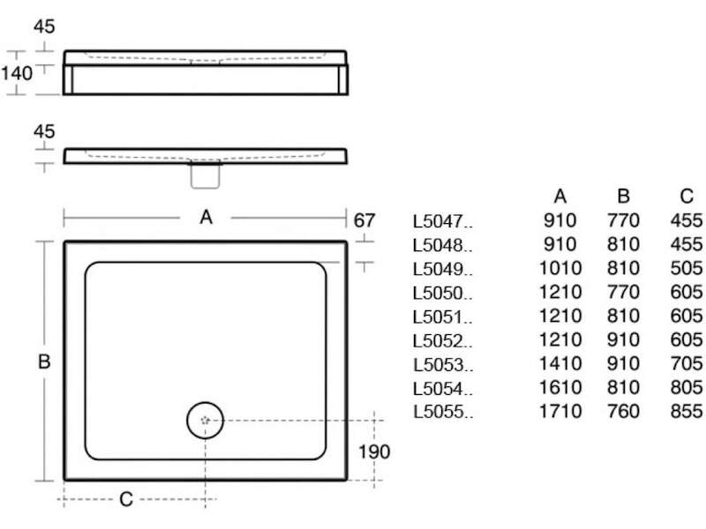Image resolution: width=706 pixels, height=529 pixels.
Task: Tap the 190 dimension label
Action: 373,451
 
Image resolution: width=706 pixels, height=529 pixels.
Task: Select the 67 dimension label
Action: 364,220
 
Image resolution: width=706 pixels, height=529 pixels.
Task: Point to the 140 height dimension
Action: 17,73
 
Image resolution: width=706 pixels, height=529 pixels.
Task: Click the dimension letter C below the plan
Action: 126,499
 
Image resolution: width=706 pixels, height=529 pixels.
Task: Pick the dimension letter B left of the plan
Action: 44,361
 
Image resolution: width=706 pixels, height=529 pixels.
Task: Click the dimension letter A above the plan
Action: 206,217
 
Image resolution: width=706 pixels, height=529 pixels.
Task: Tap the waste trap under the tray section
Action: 206,175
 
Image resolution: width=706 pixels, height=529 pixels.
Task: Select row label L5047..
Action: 443,221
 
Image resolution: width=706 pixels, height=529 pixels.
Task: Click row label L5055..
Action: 443,412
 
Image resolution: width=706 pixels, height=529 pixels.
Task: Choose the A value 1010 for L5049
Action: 560,268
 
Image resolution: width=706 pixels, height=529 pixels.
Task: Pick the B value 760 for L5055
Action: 623,411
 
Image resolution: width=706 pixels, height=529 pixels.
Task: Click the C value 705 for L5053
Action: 687,363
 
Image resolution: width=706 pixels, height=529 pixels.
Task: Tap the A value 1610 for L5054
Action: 560,387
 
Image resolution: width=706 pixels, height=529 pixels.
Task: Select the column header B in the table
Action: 623,196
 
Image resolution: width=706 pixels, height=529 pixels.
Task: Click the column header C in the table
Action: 687,196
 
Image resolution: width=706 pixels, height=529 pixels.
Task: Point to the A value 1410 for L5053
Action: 560,363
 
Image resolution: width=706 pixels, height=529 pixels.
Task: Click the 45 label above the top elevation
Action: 44,26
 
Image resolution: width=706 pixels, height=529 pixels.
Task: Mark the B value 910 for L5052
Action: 623,339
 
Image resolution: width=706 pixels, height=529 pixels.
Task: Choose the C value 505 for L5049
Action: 687,268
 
